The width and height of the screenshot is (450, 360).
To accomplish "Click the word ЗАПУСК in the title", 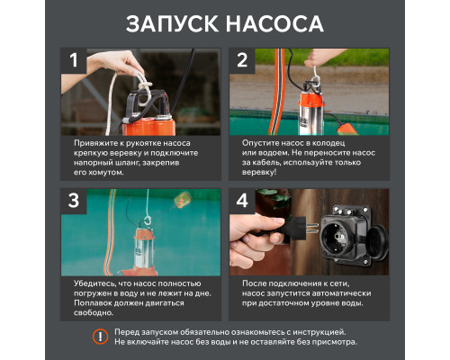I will pyautogui.click(x=172, y=22).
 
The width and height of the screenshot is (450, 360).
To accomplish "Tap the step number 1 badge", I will pyautogui.click(x=76, y=60).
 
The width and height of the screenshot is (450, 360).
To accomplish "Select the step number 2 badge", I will pyautogui.click(x=242, y=60).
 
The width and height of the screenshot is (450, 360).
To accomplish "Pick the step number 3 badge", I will pyautogui.click(x=76, y=201).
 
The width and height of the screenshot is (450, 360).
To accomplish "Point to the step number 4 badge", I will pyautogui.click(x=242, y=201).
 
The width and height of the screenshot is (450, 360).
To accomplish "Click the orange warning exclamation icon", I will pyautogui.click(x=99, y=337).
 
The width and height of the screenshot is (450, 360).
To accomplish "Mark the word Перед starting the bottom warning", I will pyautogui.click(x=130, y=331).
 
